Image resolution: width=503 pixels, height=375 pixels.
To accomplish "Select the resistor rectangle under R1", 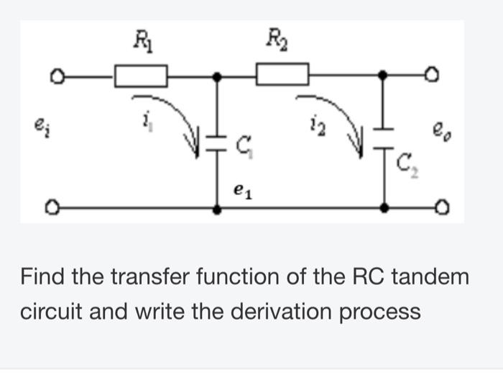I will (x=141, y=74).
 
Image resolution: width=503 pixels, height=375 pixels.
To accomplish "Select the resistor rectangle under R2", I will (x=282, y=74).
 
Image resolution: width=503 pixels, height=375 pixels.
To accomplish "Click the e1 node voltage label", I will (x=242, y=191).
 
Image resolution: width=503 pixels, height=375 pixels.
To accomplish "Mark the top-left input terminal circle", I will (x=52, y=74).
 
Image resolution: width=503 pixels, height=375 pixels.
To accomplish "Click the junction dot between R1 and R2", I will (x=218, y=74).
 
